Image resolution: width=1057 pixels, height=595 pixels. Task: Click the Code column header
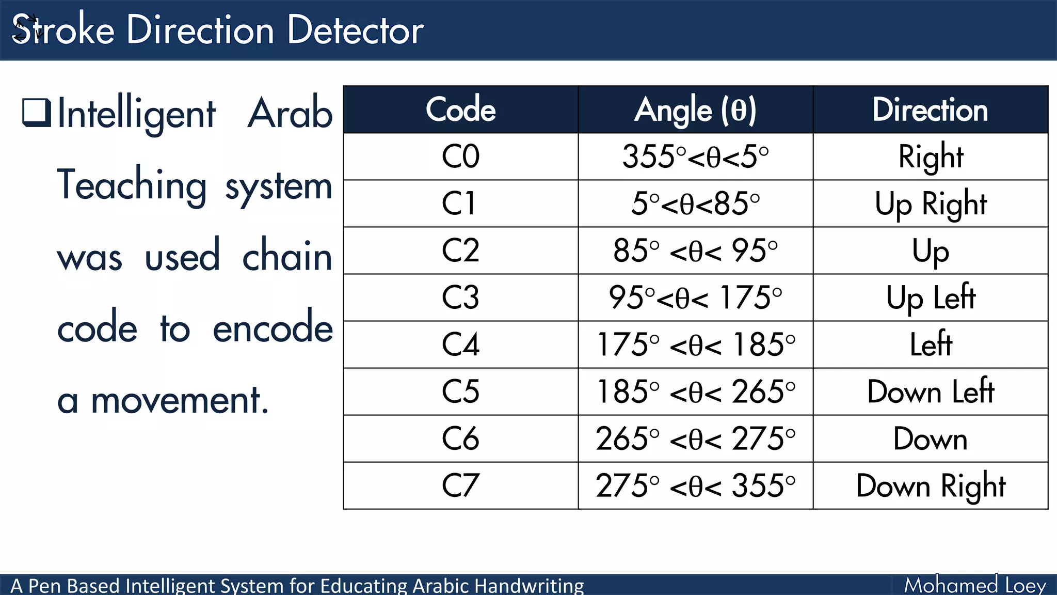pyautogui.click(x=460, y=109)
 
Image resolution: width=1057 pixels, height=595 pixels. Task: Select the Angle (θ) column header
pyautogui.click(x=695, y=109)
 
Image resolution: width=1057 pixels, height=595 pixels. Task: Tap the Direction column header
pyautogui.click(x=930, y=109)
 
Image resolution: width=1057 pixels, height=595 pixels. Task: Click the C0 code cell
pyautogui.click(x=460, y=156)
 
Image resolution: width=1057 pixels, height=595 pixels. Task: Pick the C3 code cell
pyautogui.click(x=460, y=297)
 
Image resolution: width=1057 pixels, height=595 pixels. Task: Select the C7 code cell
pyautogui.click(x=460, y=486)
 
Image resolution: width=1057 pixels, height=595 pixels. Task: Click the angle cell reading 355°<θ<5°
pyautogui.click(x=695, y=156)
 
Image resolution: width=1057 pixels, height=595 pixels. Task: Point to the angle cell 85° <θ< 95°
pyautogui.click(x=695, y=250)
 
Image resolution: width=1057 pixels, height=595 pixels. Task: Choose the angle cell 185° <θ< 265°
pyautogui.click(x=695, y=392)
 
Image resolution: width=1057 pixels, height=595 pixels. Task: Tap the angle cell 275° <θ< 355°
pyautogui.click(x=695, y=486)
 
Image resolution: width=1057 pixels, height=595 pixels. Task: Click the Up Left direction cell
pyautogui.click(x=931, y=297)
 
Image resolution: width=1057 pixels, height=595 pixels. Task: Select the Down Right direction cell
pyautogui.click(x=931, y=486)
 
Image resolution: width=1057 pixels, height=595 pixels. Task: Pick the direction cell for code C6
pyautogui.click(x=930, y=439)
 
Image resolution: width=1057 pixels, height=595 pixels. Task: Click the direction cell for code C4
pyautogui.click(x=931, y=345)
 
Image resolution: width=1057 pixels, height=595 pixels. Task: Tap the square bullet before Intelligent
pyautogui.click(x=36, y=112)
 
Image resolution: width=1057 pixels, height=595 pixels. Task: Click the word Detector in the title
pyautogui.click(x=355, y=30)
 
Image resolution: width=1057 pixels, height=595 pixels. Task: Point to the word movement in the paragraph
pyautogui.click(x=179, y=400)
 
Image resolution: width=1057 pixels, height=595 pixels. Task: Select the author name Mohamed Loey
pyautogui.click(x=974, y=585)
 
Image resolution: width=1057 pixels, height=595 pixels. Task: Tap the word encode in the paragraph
pyautogui.click(x=273, y=328)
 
